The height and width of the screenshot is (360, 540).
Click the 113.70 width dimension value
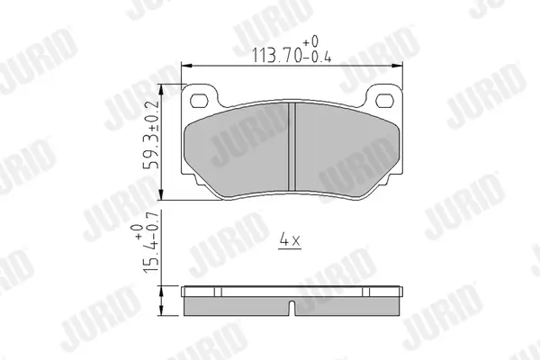tap(277, 55)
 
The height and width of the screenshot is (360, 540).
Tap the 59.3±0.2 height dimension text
tap(151, 135)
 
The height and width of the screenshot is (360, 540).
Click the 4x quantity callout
tap(290, 239)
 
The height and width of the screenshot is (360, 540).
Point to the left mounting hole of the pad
tap(199, 101)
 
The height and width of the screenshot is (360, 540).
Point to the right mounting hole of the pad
tap(384, 101)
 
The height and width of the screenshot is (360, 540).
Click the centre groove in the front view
tap(292, 147)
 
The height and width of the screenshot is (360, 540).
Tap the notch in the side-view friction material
tap(292, 308)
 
